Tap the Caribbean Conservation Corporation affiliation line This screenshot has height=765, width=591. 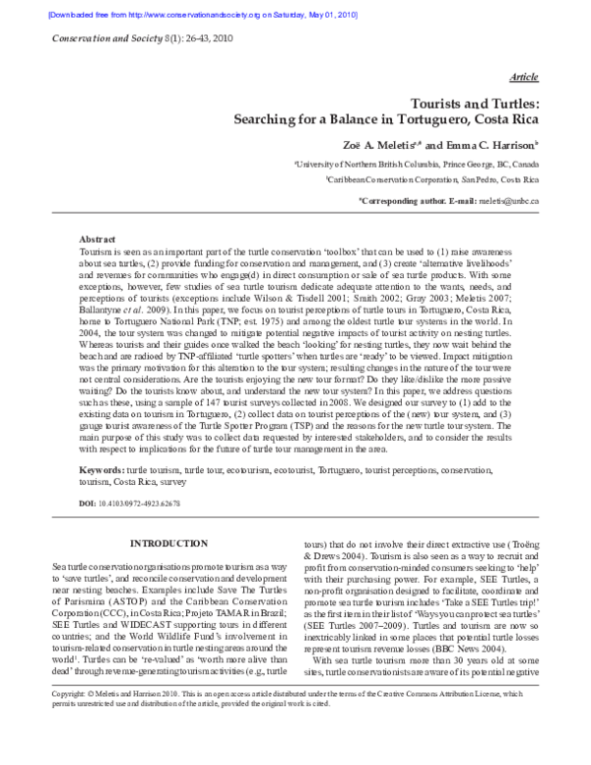tap(451, 182)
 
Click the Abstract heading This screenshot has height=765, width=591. tap(98, 240)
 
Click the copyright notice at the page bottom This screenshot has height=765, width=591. tap(295, 729)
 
